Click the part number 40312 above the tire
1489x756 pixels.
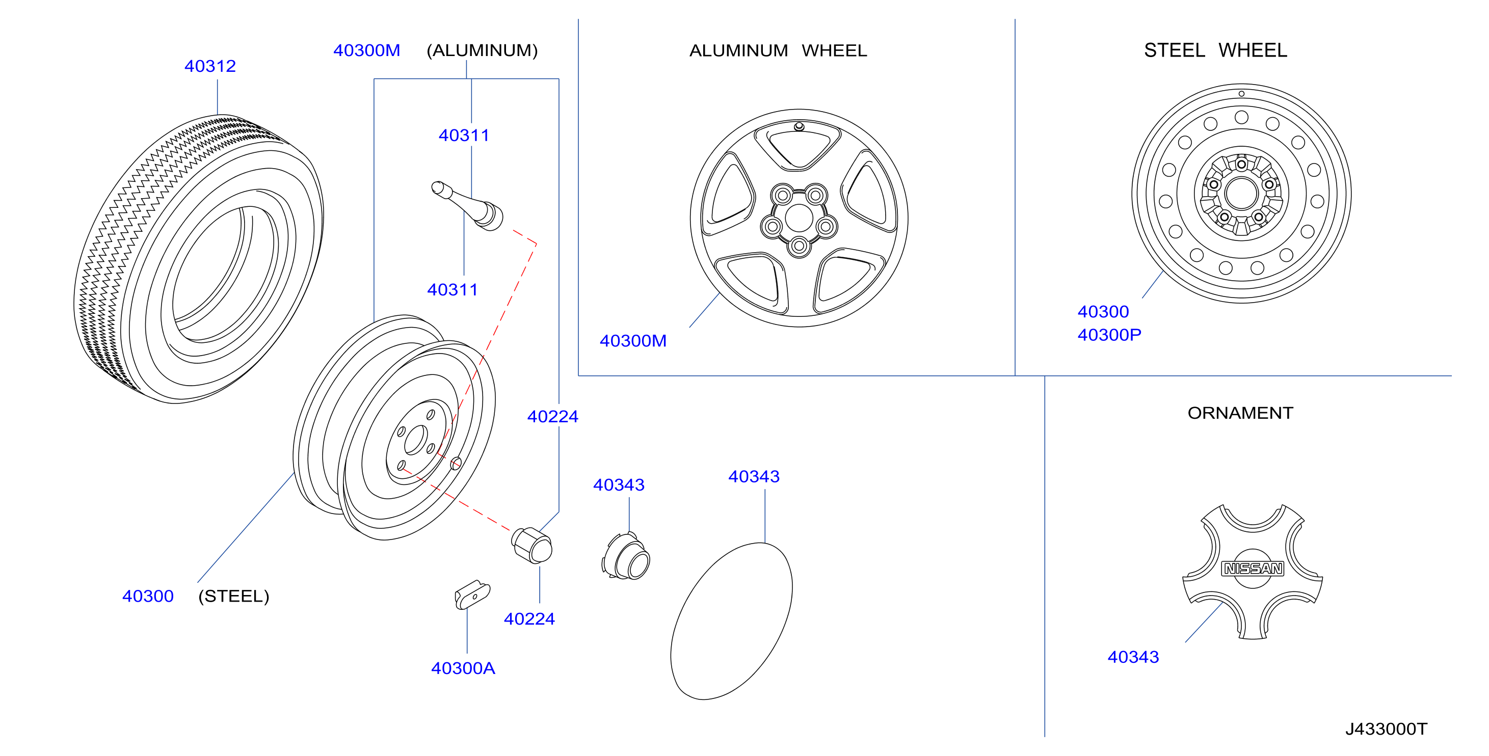[x=210, y=66]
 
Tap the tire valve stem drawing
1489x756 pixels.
[x=467, y=206]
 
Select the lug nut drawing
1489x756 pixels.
[x=532, y=545]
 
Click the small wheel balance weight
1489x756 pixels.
[x=472, y=595]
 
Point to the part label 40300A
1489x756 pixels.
[x=463, y=668]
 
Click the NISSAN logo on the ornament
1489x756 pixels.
[x=1252, y=569]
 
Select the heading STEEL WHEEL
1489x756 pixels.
[x=1215, y=50]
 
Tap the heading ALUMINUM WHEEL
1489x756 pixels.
[x=778, y=51]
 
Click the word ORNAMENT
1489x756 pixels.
[x=1240, y=413]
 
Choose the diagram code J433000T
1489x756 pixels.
[x=1386, y=729]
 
